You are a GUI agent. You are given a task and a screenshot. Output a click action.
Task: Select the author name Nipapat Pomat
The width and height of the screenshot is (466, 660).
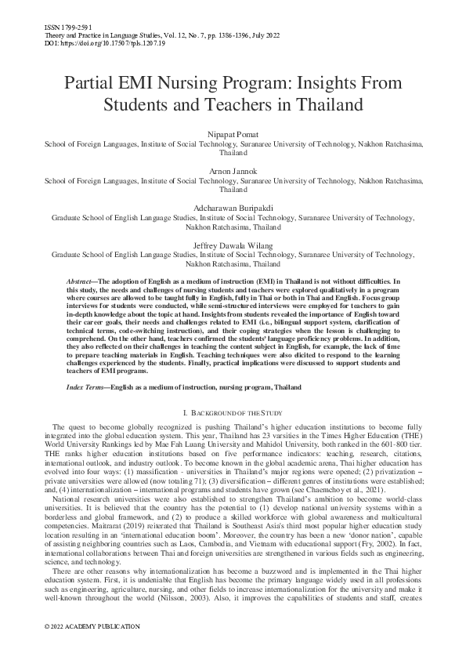pos(233,135)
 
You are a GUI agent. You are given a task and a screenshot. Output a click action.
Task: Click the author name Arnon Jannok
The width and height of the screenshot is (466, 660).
pos(233,172)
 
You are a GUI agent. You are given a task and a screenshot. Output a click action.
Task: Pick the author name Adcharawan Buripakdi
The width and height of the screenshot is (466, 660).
pos(233,209)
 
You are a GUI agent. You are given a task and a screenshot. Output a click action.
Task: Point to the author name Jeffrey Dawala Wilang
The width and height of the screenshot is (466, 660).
pos(233,245)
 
